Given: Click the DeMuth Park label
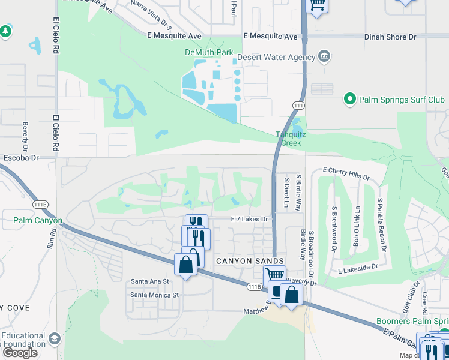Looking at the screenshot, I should pyautogui.click(x=208, y=52).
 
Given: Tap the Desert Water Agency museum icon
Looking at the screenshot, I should pyautogui.click(x=324, y=57).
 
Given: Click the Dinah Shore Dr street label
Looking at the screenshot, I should pyautogui.click(x=390, y=37).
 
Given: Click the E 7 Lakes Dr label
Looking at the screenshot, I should pyautogui.click(x=249, y=220).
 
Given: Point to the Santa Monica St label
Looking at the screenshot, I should pyautogui.click(x=155, y=295).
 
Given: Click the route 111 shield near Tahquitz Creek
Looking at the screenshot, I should pyautogui.click(x=298, y=106).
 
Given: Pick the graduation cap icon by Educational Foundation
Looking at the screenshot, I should pyautogui.click(x=55, y=340).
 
